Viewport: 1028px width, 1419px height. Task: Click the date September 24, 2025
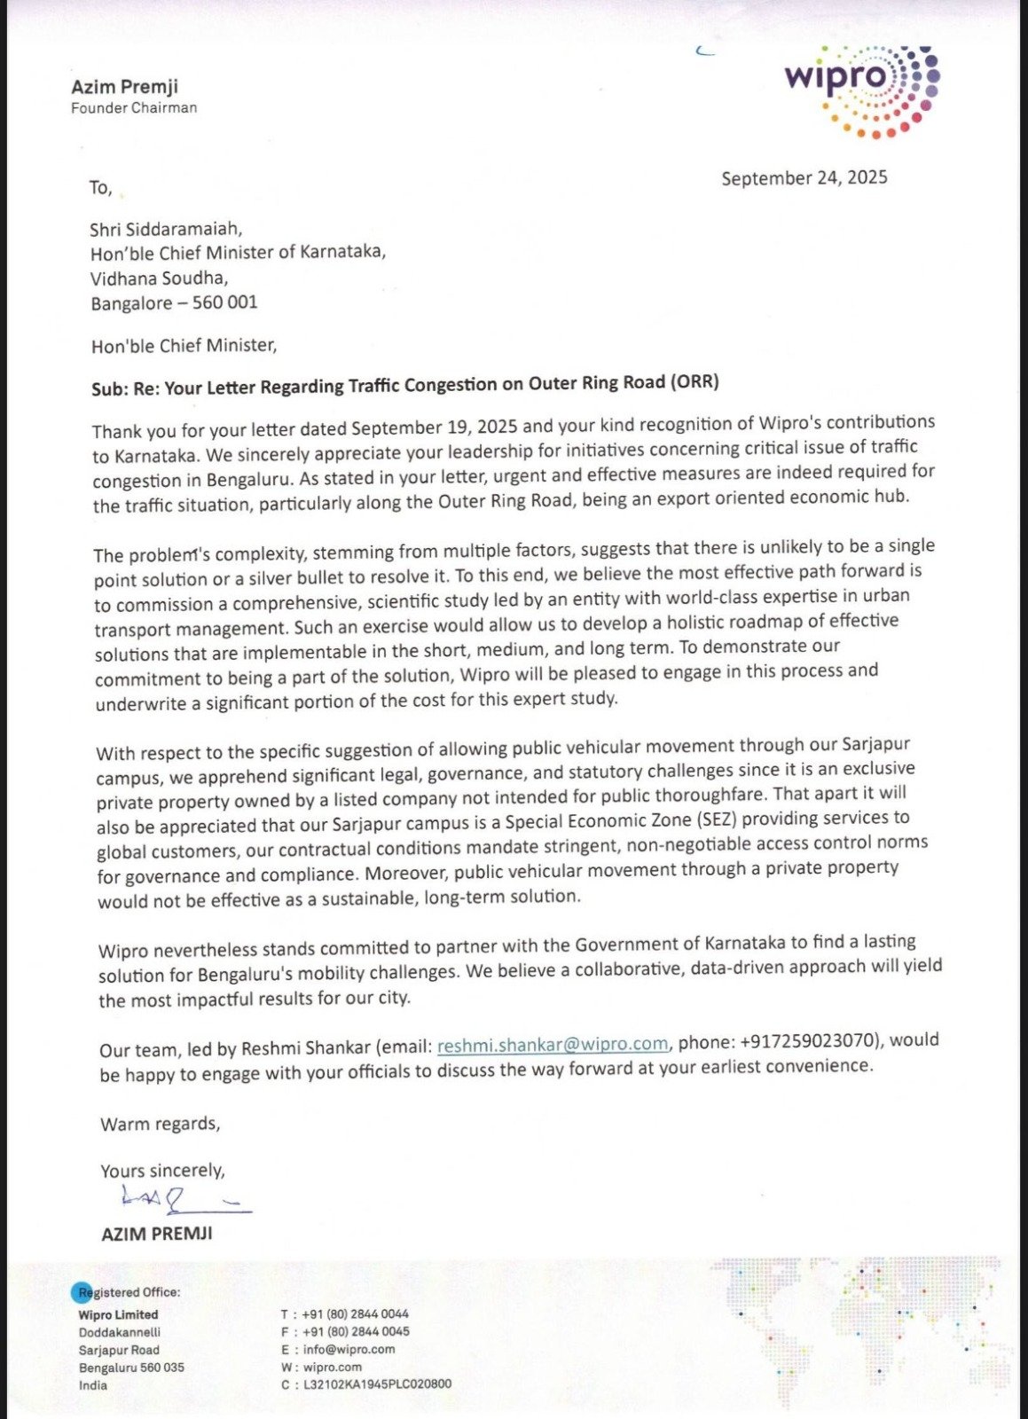coord(804,178)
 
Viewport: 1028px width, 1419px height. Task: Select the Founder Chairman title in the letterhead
coord(134,108)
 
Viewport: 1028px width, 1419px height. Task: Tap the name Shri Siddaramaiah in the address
coord(166,229)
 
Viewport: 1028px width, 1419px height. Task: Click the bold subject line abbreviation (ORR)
coord(694,382)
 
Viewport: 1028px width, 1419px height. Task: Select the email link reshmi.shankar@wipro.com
coord(553,1045)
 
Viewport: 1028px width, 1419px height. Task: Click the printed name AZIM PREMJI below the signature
coord(157,1234)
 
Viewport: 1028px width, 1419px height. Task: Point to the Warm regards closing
coord(160,1124)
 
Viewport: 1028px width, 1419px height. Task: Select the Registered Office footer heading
coord(129,1292)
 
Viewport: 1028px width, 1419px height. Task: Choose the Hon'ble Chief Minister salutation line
coord(184,345)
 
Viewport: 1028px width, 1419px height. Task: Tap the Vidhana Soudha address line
coord(159,278)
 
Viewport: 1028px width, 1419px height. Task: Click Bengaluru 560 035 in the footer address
coord(131,1367)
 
